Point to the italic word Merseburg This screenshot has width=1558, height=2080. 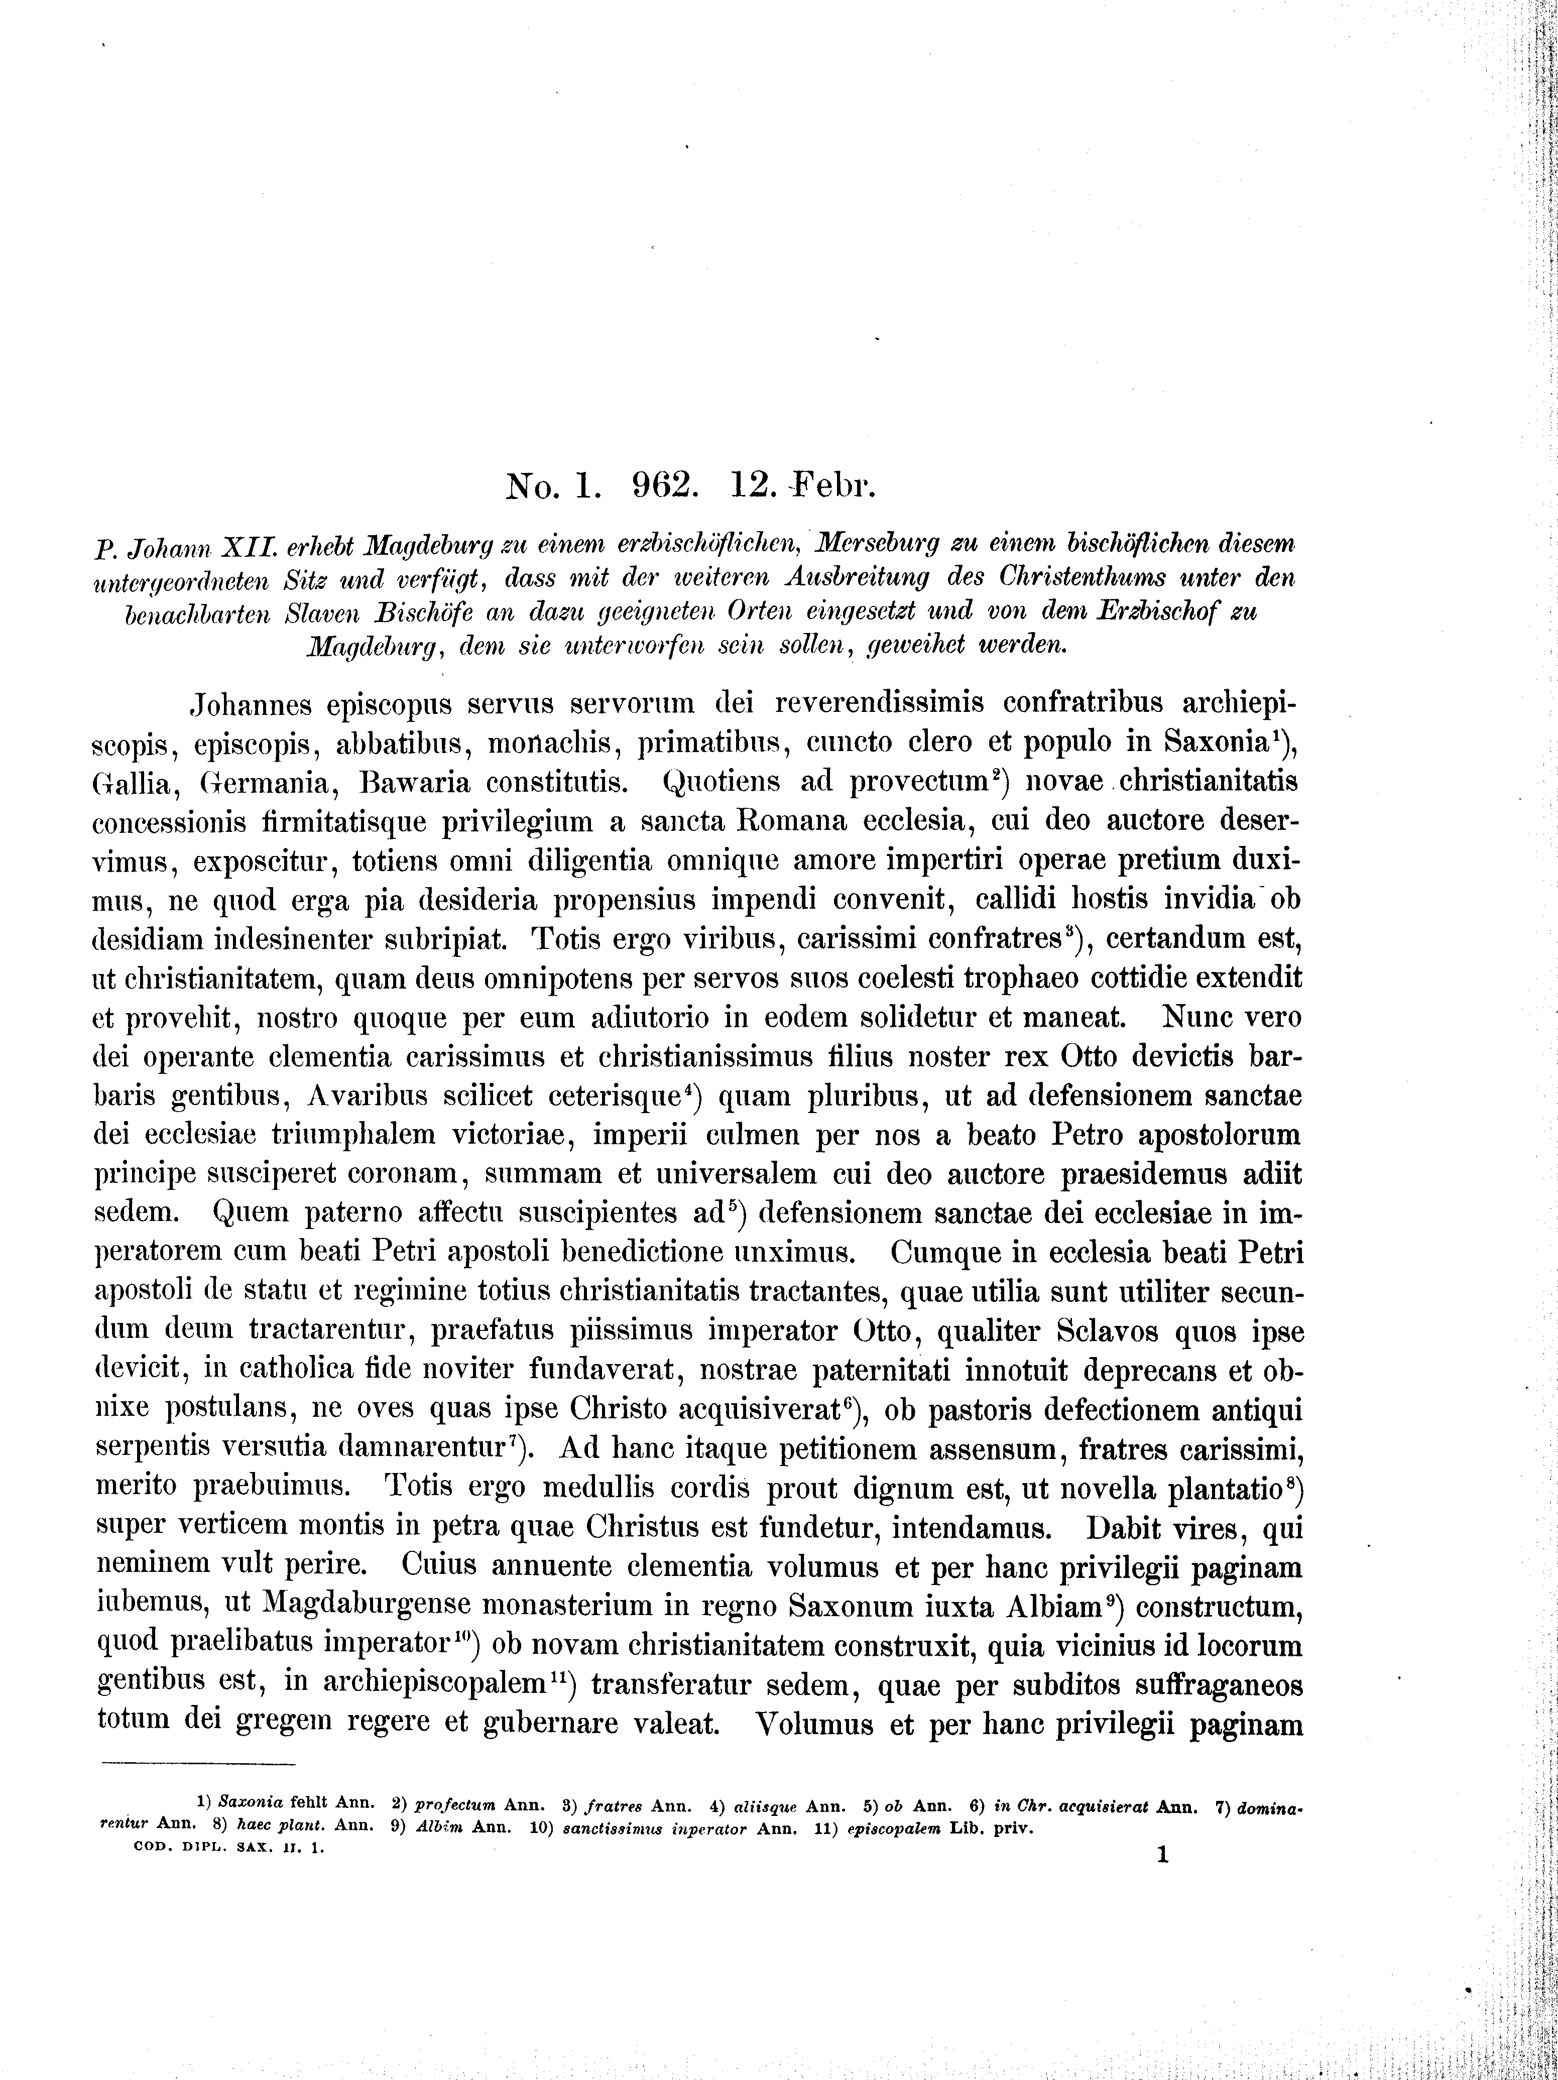tap(878, 544)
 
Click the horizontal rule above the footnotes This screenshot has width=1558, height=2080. tap(197, 1764)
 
